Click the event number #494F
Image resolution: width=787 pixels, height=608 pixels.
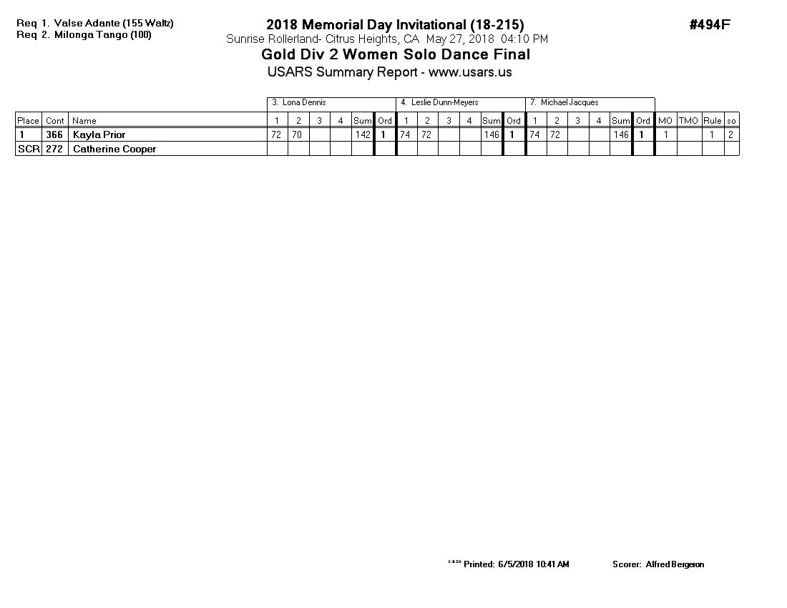710,25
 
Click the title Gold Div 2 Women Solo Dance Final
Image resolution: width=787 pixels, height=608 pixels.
396,54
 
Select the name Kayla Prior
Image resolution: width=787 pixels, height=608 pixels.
99,134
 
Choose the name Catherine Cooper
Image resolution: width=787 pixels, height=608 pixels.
114,149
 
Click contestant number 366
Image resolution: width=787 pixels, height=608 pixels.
54,134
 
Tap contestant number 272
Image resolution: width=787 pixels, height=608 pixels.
54,149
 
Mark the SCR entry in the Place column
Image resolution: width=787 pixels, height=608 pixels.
28,149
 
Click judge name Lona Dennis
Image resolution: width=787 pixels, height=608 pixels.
304,103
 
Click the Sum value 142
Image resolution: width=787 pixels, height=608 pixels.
363,134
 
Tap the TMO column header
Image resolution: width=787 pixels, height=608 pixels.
688,121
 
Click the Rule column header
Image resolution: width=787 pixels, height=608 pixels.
712,121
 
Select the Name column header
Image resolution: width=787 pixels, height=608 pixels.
84,121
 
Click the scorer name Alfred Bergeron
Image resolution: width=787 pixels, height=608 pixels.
675,564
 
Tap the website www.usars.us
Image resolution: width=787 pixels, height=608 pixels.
470,72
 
